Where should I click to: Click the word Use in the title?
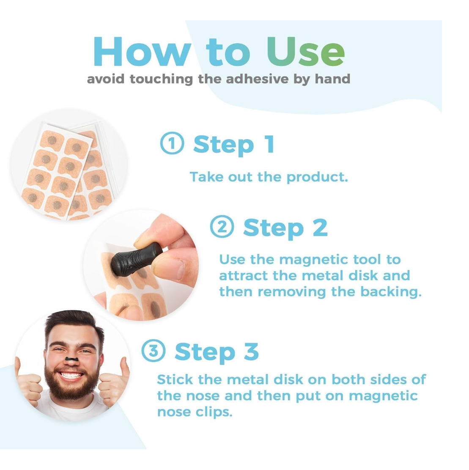click(306, 52)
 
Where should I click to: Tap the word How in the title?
click(142, 52)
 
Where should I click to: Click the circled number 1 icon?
click(172, 143)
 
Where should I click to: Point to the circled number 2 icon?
click(222, 226)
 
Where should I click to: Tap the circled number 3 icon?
click(154, 350)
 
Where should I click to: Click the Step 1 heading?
click(234, 145)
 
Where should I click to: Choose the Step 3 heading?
click(217, 352)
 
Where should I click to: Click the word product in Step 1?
click(317, 177)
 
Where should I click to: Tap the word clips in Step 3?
click(214, 412)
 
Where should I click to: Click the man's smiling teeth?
click(71, 375)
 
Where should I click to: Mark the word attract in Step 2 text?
click(243, 276)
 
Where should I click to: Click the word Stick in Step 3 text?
click(175, 379)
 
